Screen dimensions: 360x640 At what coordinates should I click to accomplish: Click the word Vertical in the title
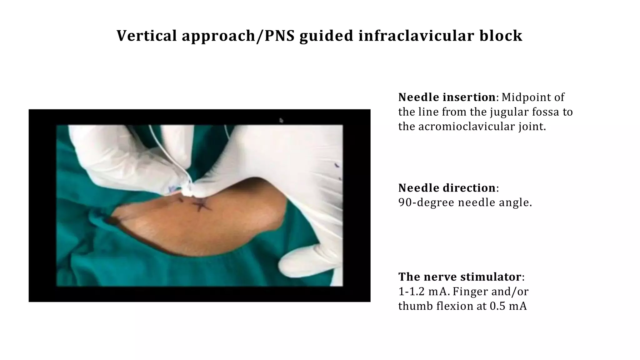coord(147,36)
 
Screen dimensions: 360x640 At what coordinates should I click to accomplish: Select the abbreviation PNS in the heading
coord(280,36)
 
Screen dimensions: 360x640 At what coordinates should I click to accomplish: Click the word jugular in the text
coord(504,112)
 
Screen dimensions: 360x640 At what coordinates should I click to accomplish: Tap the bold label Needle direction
coord(447,188)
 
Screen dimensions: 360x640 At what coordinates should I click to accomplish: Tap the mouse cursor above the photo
coord(281,120)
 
